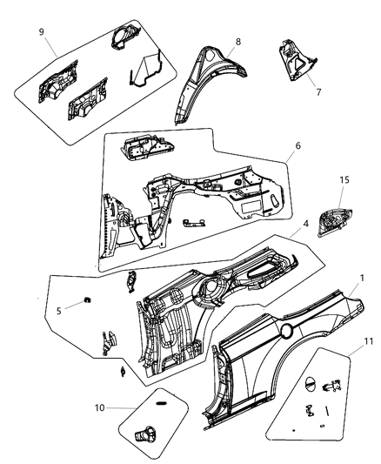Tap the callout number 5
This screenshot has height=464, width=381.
point(57,310)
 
